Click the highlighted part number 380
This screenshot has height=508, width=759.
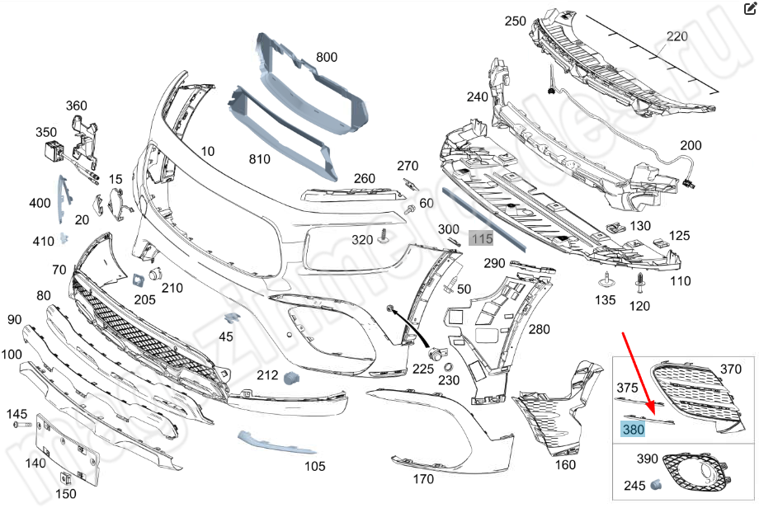point(634,429)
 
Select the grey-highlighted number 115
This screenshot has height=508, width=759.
point(481,239)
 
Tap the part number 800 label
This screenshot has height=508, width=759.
point(327,58)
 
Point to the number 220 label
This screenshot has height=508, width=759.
point(676,36)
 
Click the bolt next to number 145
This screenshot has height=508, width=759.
point(23,426)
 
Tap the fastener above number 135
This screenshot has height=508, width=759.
point(607,278)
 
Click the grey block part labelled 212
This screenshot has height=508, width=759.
point(290,378)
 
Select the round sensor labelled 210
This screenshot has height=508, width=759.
point(155,273)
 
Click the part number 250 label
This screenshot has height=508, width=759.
point(516,21)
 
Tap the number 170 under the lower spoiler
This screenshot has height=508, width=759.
point(422,478)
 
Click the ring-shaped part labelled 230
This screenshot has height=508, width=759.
point(449,367)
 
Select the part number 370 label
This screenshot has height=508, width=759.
point(731,369)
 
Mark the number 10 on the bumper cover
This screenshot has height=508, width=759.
point(207,151)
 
